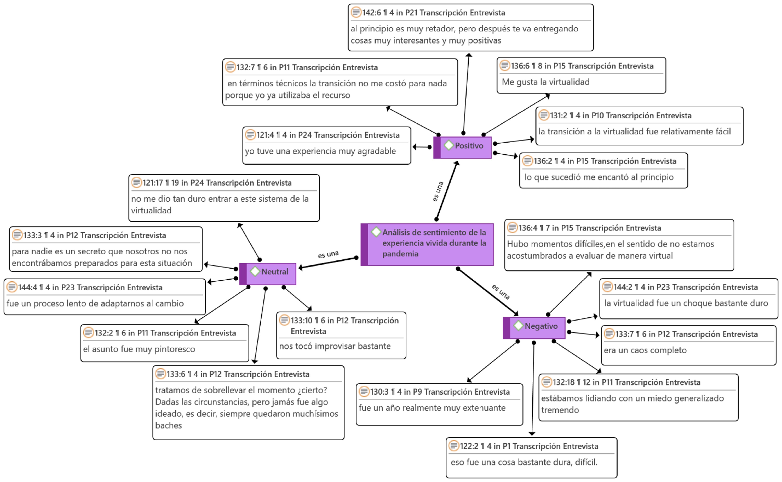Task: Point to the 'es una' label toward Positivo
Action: tap(438, 192)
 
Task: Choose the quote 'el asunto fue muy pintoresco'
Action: tap(139, 349)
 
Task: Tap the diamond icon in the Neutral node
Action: tap(255, 272)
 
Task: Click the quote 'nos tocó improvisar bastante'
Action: tap(335, 346)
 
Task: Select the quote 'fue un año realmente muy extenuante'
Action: tap(432, 408)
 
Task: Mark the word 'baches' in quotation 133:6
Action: tap(169, 426)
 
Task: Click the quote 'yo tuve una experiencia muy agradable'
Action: tap(320, 151)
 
